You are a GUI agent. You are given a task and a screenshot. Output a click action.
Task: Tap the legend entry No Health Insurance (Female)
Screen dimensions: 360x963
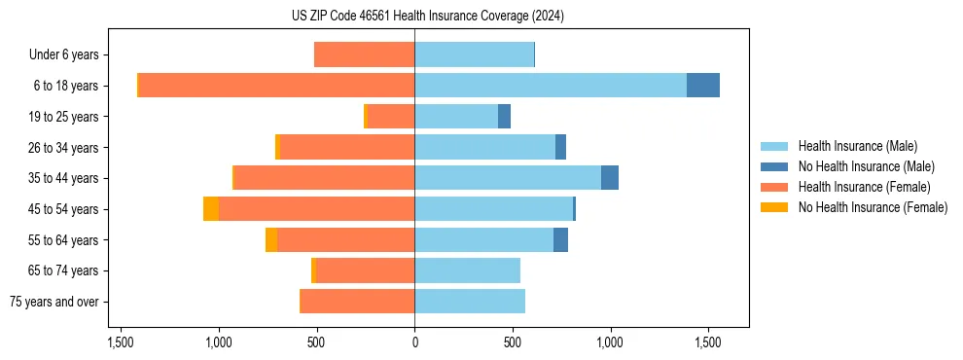pos(873,207)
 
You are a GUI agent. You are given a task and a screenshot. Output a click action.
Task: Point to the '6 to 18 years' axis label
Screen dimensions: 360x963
pos(65,86)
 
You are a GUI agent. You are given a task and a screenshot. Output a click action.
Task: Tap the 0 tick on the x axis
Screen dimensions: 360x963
pos(414,342)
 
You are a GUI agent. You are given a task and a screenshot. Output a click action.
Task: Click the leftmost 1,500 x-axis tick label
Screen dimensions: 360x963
pos(121,342)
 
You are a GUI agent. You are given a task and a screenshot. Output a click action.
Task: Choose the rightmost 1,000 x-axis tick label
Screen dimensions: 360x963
pos(610,342)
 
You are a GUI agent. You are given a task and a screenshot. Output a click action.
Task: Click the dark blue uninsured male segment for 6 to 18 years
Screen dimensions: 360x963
pos(703,86)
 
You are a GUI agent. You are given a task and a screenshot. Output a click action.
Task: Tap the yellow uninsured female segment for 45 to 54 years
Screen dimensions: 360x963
pos(211,209)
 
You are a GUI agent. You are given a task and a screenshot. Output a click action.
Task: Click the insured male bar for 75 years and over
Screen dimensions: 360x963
pos(470,302)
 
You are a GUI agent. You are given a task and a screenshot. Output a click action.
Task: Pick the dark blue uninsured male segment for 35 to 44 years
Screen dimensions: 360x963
pos(610,178)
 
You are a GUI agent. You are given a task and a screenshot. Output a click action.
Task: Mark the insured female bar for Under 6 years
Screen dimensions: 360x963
pos(364,55)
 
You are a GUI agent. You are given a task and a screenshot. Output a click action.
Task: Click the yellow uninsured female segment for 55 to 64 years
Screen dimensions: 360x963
pos(271,240)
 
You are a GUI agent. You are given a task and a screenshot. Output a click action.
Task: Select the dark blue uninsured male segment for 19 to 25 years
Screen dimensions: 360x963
pos(504,117)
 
